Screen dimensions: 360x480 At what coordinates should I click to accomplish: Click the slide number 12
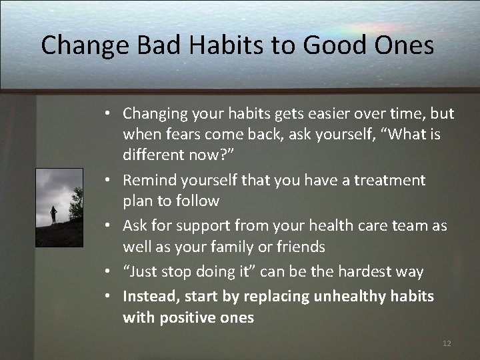pyautogui.click(x=447, y=343)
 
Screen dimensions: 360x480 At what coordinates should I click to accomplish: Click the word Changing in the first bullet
pyautogui.click(x=153, y=115)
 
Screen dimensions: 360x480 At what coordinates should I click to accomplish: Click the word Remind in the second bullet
pyautogui.click(x=147, y=179)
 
